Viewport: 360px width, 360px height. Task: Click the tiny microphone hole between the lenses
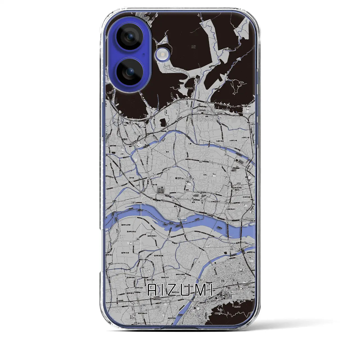tap(144, 55)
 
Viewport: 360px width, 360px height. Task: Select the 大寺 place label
tap(121, 154)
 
